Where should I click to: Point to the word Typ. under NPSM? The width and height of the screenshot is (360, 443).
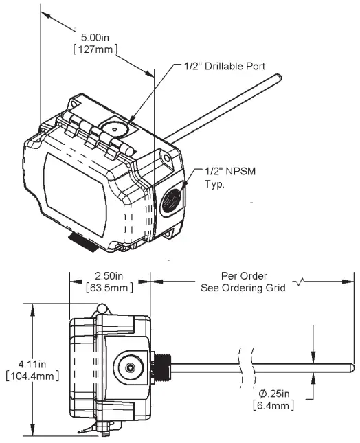pos(215,183)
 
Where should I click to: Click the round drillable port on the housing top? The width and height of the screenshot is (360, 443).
pos(111,130)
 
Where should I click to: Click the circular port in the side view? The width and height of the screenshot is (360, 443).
pos(129,367)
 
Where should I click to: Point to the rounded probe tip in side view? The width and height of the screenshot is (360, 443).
pos(351,367)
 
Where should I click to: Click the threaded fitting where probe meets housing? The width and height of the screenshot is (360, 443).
pos(162,367)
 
